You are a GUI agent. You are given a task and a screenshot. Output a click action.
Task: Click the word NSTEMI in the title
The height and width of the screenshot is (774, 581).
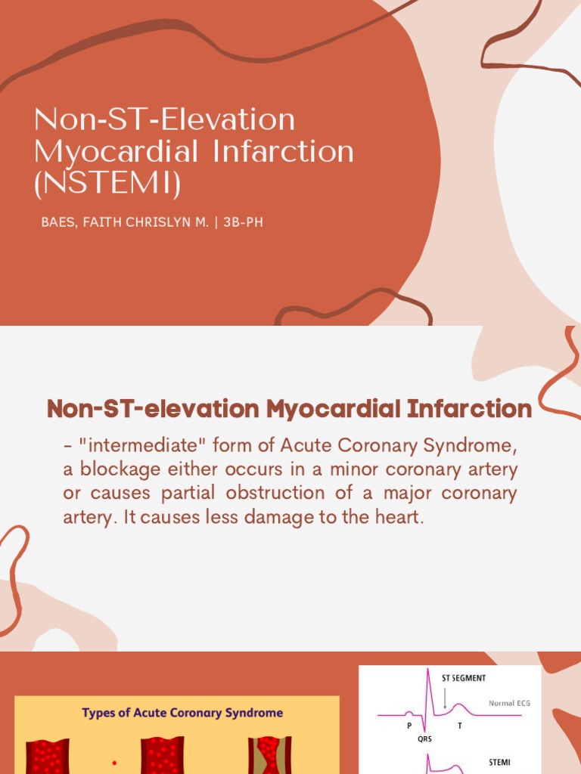click(107, 184)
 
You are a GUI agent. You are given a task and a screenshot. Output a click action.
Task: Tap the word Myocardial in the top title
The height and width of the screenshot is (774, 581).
click(117, 152)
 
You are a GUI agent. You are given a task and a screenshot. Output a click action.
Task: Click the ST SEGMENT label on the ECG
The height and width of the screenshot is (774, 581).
click(464, 678)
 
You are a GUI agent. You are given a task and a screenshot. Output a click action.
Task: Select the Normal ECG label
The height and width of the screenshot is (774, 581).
click(509, 703)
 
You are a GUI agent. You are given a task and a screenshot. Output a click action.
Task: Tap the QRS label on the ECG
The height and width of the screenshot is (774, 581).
click(424, 740)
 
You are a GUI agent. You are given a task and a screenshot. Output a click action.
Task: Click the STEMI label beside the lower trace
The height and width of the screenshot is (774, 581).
click(500, 763)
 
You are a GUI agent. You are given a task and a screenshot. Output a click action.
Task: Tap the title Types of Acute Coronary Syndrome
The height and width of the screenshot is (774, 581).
click(182, 713)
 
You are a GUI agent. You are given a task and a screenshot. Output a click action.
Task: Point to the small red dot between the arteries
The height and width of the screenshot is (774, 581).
click(114, 763)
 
